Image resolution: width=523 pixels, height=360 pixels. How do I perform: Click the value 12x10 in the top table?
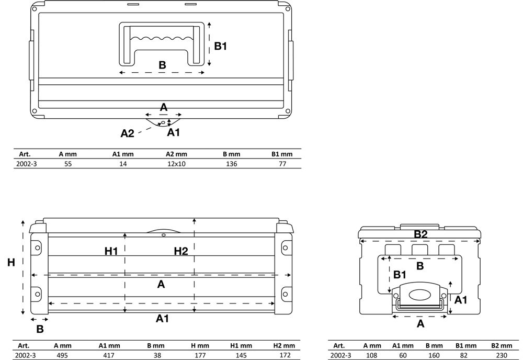176,164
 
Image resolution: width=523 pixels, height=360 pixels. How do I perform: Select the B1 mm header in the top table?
282,154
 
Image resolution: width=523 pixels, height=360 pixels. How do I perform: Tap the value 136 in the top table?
231,164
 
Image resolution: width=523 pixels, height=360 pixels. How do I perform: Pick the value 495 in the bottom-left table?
62,355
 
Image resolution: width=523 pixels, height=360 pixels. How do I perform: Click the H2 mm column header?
284,346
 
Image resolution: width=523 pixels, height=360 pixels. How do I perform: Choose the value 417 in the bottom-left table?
109,355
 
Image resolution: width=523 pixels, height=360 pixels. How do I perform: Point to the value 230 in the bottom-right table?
502,356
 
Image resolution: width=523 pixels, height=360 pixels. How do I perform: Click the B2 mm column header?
502,346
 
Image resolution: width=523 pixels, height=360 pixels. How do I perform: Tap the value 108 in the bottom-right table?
371,356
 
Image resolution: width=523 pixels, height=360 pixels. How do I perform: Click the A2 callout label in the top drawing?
127,133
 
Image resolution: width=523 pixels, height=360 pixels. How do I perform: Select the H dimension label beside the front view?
11,263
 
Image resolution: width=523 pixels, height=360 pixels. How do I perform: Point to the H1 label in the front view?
111,251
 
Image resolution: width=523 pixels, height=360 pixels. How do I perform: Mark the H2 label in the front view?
181,251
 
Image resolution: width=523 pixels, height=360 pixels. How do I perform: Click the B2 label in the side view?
420,234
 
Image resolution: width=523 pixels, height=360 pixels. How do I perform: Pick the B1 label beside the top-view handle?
221,46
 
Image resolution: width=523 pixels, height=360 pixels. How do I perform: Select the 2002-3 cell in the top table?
27,164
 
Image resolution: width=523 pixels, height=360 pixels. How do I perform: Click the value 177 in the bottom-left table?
200,355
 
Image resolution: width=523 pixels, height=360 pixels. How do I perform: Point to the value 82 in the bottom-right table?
463,356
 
